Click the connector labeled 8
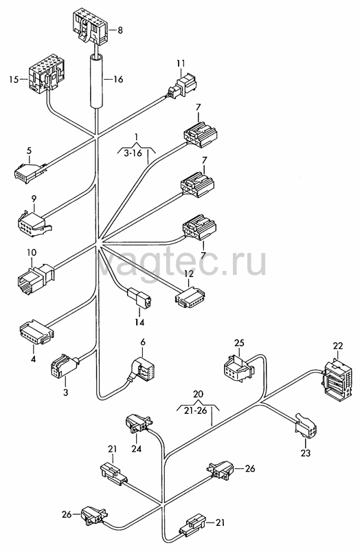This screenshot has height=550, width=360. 90,27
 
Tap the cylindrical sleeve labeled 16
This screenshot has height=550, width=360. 95,80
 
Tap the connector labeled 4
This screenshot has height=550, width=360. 36,331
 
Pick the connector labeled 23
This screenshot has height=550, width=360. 305,426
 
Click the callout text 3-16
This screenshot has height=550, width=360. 133,153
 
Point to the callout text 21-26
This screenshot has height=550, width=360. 196,410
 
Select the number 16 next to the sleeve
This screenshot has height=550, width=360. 118,80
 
